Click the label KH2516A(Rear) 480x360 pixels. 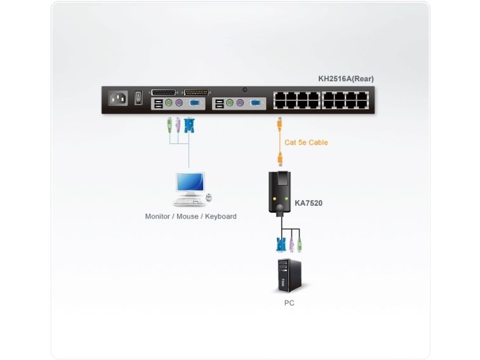(x=345, y=79)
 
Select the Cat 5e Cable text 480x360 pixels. (x=306, y=142)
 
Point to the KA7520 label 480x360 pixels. (x=308, y=203)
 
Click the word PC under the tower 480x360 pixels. (x=289, y=303)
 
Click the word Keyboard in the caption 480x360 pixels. (x=220, y=217)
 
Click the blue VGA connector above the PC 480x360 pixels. (x=281, y=244)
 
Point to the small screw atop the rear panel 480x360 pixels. (x=244, y=90)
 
